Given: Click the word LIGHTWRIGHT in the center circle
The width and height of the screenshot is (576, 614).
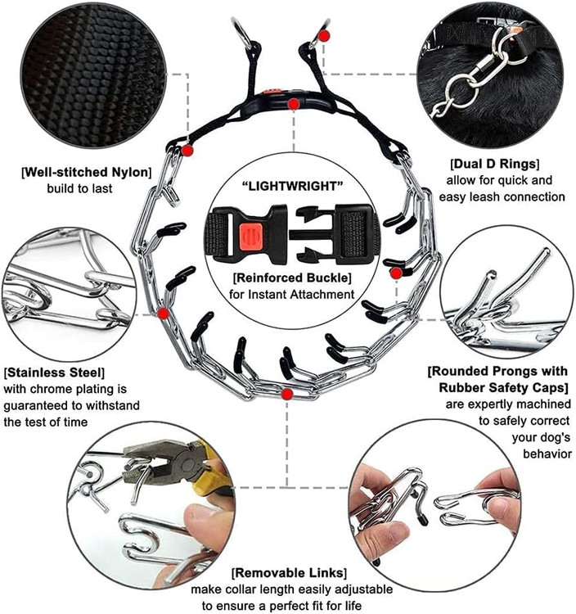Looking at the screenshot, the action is [293, 186].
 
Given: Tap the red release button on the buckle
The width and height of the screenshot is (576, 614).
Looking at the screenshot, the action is [249, 237].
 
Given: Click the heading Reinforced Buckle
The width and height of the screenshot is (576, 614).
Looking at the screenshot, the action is [292, 278].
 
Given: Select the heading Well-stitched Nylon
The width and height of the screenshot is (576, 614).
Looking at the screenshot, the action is [86, 172].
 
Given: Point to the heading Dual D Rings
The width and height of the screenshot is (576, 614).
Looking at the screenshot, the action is [495, 163].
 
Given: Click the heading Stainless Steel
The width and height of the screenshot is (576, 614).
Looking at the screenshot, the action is [54, 372].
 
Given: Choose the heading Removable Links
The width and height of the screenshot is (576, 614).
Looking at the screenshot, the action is [289, 573].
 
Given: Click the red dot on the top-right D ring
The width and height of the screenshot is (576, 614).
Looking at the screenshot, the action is [324, 36].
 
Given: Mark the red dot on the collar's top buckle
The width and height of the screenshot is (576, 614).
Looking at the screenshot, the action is [294, 104].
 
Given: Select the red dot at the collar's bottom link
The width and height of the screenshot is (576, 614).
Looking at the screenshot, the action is [287, 395].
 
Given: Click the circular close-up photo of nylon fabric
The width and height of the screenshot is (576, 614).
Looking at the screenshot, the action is [93, 76].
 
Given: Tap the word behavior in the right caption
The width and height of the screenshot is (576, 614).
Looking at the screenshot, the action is [547, 454].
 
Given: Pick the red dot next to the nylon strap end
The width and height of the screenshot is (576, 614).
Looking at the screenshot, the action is [187, 151].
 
